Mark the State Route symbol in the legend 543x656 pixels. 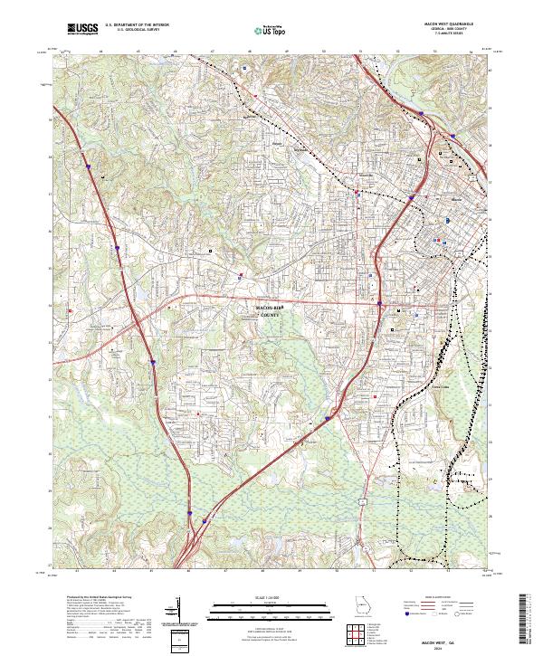[x=458, y=614]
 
